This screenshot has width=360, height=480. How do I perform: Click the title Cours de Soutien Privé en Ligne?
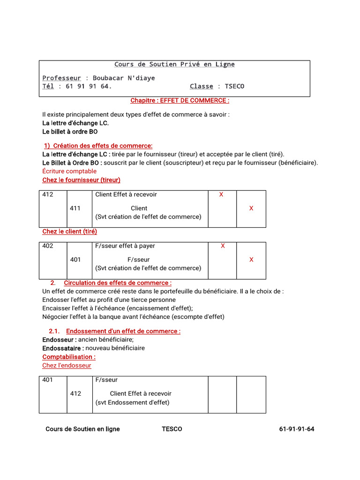(x=174, y=64)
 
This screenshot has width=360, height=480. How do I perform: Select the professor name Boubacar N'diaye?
(x=124, y=78)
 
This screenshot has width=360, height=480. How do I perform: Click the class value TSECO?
(x=234, y=86)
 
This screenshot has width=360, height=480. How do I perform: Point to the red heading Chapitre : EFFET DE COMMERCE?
(x=180, y=100)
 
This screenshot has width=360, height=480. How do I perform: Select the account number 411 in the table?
(x=75, y=208)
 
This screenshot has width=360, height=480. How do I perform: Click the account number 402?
(x=48, y=246)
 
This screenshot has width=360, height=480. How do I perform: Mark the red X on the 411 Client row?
(x=251, y=208)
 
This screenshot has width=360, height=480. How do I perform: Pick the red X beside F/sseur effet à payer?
(x=223, y=246)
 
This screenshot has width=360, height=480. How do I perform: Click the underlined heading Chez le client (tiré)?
(x=69, y=231)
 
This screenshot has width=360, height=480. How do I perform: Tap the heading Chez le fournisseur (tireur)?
(x=81, y=180)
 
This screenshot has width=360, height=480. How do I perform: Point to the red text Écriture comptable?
(x=69, y=171)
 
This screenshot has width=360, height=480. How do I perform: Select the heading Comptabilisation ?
(x=69, y=357)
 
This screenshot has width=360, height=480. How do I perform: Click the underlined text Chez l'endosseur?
(x=67, y=365)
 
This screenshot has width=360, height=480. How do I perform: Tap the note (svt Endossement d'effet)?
(x=132, y=402)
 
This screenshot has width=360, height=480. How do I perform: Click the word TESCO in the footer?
(x=172, y=429)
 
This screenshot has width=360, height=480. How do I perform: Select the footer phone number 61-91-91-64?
(x=296, y=429)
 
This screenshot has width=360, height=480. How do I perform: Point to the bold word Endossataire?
(x=63, y=348)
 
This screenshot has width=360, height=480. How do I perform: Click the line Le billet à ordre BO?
(x=70, y=132)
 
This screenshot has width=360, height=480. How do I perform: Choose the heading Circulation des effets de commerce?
(x=117, y=283)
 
